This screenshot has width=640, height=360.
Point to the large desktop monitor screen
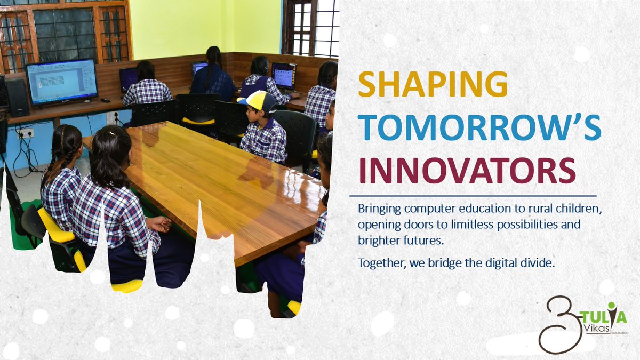[61, 81]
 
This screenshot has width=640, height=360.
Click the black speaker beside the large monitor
[17, 97]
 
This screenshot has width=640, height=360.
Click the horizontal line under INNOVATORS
[473, 196]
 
